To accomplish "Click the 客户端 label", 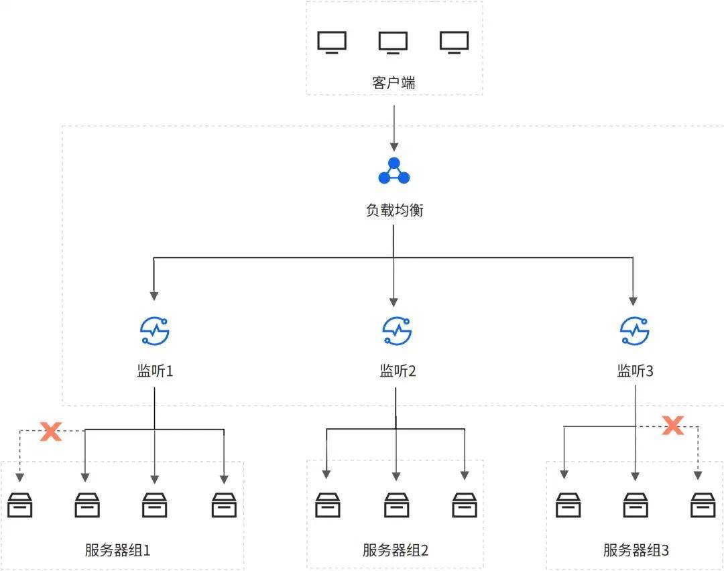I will pos(394,83).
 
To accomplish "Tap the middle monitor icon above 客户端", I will pos(393,42).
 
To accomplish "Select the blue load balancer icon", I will pos(394,171).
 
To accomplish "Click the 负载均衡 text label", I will pos(394,210).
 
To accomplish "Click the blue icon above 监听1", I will pos(155,330).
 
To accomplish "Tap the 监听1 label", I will pos(155,371).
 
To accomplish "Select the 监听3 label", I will pos(635,371).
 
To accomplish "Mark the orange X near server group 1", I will pos(51,431).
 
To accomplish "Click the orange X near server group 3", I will pos(672,425).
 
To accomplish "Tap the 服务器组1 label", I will pos(118,551).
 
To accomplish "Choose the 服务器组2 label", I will pos(395,551).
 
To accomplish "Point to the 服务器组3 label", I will pos(636,551).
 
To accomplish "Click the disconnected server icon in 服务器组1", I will pos(19,505).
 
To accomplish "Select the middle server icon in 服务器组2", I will pos(396,505).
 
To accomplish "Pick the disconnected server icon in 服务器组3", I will pos(703,505).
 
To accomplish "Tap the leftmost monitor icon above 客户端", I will pos(332,42).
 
